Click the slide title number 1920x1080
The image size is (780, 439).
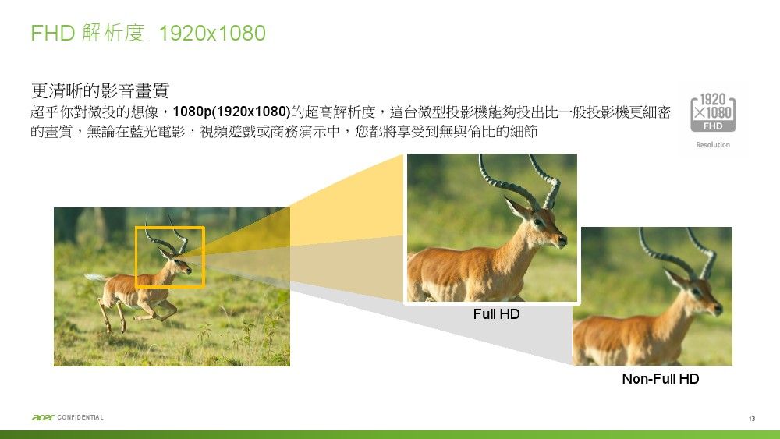click(212, 34)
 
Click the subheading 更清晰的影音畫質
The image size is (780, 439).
click(100, 90)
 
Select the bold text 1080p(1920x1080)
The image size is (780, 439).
click(232, 112)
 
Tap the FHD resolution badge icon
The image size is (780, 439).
click(713, 112)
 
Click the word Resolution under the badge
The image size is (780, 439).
click(713, 145)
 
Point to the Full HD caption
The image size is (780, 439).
click(496, 314)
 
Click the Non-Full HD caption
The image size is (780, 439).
click(661, 379)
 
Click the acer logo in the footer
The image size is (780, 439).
click(43, 417)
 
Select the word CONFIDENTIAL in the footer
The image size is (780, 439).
click(80, 417)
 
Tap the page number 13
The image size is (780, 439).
click(752, 419)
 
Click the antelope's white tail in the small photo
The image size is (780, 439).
click(95, 277)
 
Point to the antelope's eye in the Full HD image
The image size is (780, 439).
click(538, 221)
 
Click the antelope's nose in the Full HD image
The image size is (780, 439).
click(562, 241)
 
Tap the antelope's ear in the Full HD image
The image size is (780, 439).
click(516, 207)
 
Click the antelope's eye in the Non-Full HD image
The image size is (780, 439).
click(696, 291)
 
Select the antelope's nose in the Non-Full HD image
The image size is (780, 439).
click(718, 309)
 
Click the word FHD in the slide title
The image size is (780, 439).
click(53, 34)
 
